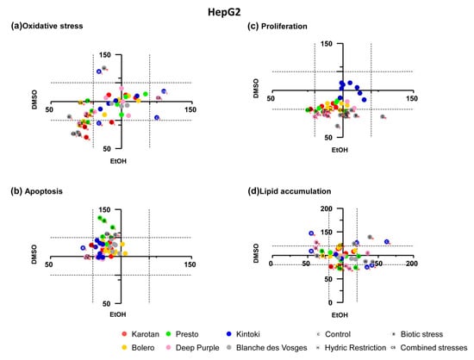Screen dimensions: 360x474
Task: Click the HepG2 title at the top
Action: pos(236,10)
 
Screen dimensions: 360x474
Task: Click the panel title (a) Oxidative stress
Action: pos(48,26)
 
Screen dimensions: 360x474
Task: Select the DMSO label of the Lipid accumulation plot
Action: pos(255,251)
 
